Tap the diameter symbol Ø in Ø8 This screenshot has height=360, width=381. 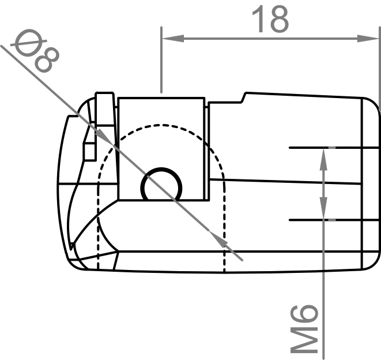coord(26,44)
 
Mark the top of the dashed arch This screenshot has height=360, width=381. coord(162,125)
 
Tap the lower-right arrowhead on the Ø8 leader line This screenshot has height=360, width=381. coord(219,238)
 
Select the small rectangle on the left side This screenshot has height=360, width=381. coord(89,151)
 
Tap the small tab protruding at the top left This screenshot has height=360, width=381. coord(104,107)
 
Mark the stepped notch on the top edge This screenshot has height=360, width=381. coord(245,97)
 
